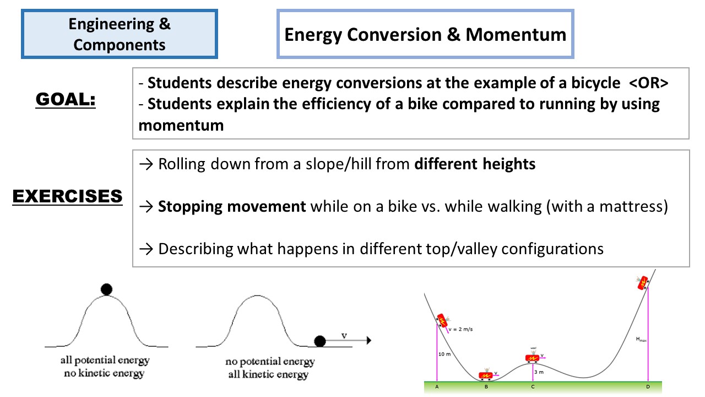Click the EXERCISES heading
coord(67,196)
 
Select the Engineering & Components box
coord(120,34)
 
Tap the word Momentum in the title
coord(516,35)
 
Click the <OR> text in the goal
coord(649,84)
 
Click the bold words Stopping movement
coord(232,207)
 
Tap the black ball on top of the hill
coord(107,289)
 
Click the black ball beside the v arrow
coord(319,341)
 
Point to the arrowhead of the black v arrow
coord(368,341)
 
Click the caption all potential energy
coord(105,361)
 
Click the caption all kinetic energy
coord(269,375)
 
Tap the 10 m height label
coord(444,354)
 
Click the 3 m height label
coord(539,372)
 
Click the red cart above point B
coord(485,375)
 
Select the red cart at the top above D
coord(642,282)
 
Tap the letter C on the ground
coord(533,387)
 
